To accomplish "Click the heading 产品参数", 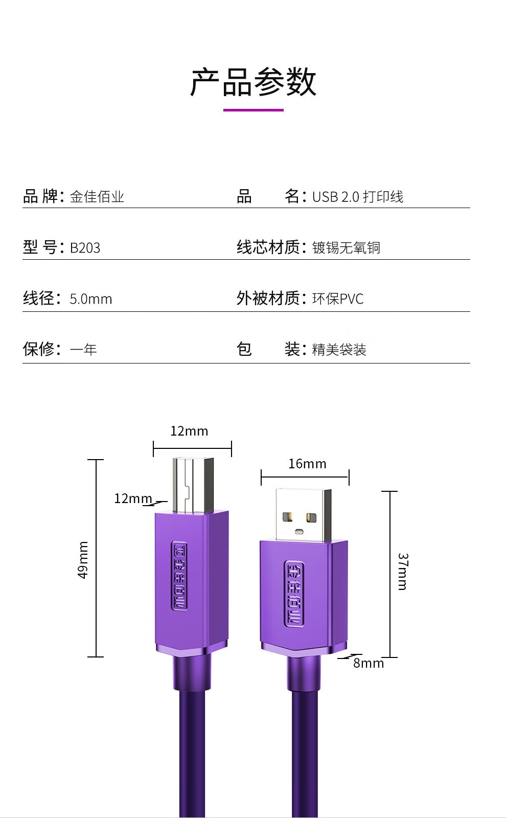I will [254, 82].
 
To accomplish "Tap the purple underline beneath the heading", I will [254, 110].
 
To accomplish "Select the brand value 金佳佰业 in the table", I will [97, 197].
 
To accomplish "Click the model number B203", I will [85, 248].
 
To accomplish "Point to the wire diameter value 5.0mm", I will [91, 299].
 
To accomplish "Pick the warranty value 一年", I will [83, 350].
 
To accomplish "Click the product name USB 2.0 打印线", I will [357, 197].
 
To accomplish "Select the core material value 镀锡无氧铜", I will [346, 248].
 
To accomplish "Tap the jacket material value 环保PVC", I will [338, 299].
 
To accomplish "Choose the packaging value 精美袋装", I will [339, 350].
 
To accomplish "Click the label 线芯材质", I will [268, 247].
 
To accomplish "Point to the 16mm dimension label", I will [307, 464].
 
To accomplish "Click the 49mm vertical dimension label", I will [83, 560].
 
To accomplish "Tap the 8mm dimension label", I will [368, 663].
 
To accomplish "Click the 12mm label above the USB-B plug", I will [189, 431].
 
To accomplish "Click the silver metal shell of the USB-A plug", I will [303, 514].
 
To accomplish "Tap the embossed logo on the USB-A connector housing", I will [294, 593].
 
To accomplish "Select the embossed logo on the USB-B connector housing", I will [179, 576].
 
